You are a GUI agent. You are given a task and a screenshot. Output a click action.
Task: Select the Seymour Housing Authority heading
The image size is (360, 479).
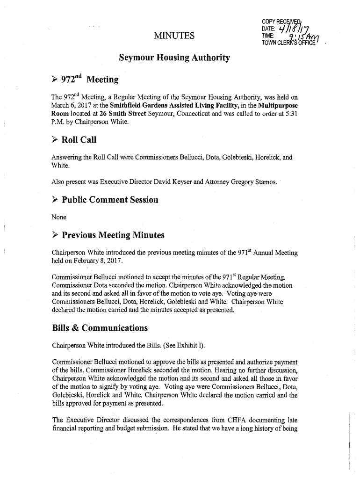click(x=174, y=58)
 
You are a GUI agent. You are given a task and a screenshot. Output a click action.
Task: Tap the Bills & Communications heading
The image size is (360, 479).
click(x=100, y=327)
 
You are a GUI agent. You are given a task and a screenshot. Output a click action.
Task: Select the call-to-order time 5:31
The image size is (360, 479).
click(x=290, y=115)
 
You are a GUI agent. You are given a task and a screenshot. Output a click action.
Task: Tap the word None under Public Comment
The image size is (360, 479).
click(x=59, y=217)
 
